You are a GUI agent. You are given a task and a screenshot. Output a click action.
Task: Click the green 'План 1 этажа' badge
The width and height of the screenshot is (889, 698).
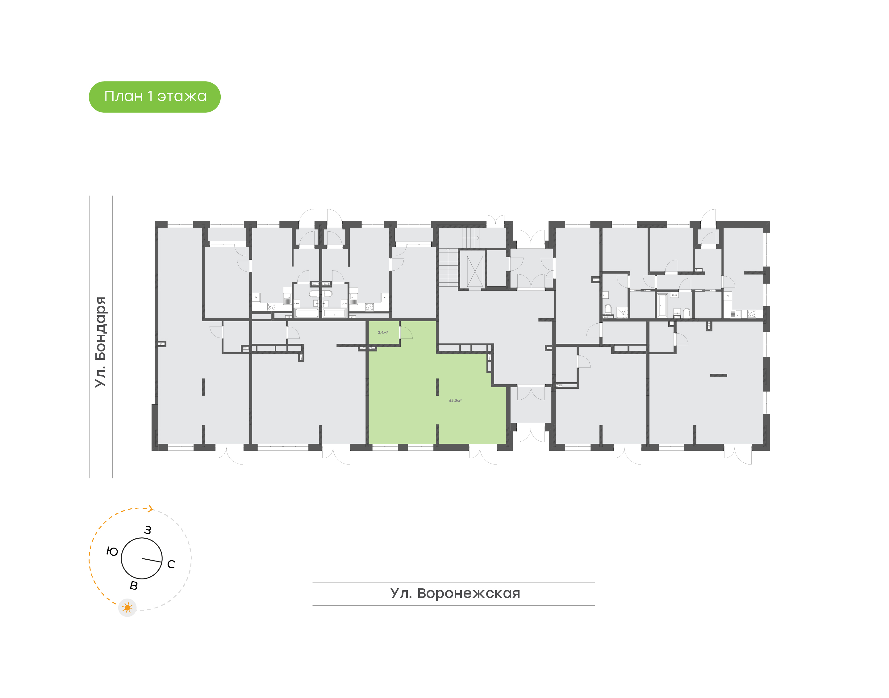pyautogui.click(x=154, y=97)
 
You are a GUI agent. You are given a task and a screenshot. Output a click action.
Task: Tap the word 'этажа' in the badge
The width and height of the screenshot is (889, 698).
pyautogui.click(x=182, y=96)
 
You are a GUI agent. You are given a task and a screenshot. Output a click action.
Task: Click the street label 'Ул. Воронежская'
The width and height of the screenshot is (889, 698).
pyautogui.click(x=455, y=593)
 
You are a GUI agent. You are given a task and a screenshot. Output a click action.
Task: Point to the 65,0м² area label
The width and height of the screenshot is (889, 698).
pyautogui.click(x=455, y=401)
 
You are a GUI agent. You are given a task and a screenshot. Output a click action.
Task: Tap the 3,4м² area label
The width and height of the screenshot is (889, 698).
pyautogui.click(x=383, y=333)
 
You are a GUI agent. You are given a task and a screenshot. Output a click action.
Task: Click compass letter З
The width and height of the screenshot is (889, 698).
pyautogui.click(x=148, y=530)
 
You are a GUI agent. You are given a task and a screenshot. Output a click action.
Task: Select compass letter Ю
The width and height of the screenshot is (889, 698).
pyautogui.click(x=112, y=552)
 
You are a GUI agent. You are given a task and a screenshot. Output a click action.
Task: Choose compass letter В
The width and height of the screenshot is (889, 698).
pyautogui.click(x=134, y=586)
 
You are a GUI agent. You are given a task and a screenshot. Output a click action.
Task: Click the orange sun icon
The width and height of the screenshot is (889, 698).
pyautogui.click(x=127, y=608)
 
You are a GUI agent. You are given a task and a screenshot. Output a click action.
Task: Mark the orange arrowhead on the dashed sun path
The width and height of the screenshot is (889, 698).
pyautogui.click(x=151, y=509)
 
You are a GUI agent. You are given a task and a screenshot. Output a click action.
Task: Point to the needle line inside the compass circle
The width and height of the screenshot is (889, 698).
pyautogui.click(x=152, y=560)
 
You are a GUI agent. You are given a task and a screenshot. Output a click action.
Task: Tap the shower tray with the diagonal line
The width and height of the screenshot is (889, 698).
pyautogui.click(x=622, y=313)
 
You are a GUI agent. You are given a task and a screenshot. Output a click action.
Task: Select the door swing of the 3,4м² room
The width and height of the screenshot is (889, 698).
pyautogui.click(x=406, y=333)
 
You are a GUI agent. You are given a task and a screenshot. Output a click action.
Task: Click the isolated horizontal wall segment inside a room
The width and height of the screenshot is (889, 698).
pyautogui.click(x=718, y=375)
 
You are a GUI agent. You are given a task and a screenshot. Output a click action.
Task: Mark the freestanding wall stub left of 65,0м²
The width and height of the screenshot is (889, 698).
pyautogui.click(x=437, y=387)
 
